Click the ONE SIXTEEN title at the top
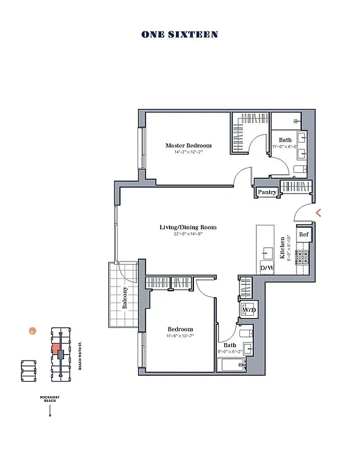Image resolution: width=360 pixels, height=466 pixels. (x=179, y=34)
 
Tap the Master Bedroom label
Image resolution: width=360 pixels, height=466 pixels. (x=188, y=146)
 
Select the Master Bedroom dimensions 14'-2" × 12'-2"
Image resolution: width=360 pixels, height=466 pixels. (x=188, y=152)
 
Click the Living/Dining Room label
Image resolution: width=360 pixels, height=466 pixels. (x=188, y=227)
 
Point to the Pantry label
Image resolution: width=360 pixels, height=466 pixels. (x=267, y=192)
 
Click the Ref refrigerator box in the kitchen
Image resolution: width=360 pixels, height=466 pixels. (x=303, y=234)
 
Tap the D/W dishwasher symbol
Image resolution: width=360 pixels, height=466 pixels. (x=267, y=267)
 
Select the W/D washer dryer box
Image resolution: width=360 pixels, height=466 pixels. (x=249, y=309)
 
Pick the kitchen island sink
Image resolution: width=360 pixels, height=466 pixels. (x=267, y=252)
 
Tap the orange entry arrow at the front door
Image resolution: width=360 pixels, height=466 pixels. (x=318, y=213)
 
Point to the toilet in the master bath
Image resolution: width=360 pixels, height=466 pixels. (x=300, y=170)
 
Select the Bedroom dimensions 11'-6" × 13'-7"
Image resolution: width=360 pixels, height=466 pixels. (x=179, y=336)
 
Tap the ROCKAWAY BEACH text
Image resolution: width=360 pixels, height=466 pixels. (x=50, y=399)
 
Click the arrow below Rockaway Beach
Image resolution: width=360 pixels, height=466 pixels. (x=50, y=411)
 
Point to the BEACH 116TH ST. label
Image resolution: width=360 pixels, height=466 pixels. (x=80, y=355)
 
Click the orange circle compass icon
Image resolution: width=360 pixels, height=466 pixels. (x=33, y=331)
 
